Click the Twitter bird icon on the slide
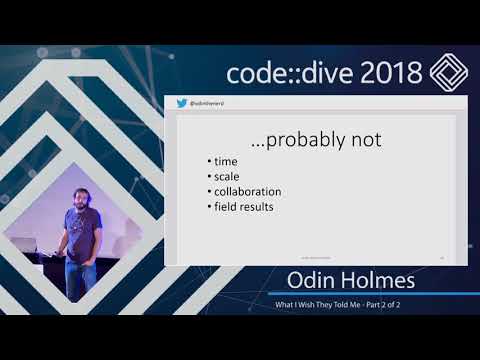point(182,103)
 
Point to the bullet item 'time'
point(227,160)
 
